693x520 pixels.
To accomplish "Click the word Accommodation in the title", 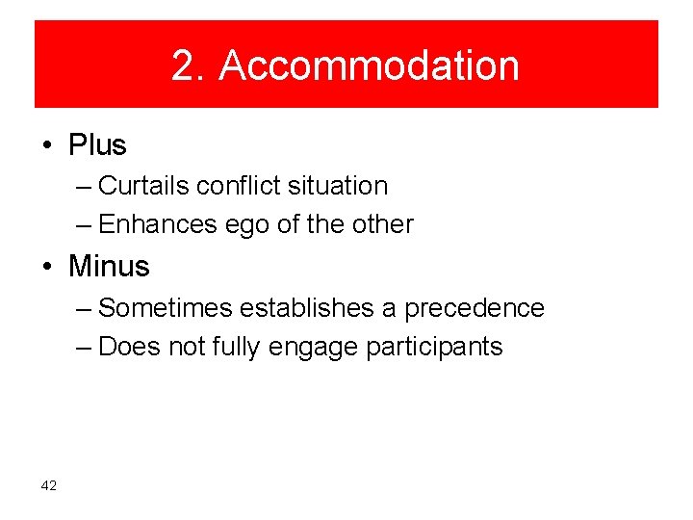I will click(x=369, y=66).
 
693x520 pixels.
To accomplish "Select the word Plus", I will click(x=97, y=145).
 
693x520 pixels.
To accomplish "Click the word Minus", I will click(x=109, y=266).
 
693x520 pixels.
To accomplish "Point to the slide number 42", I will click(x=49, y=485).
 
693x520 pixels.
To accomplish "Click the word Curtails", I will click(x=143, y=186).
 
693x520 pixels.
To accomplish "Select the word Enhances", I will click(x=158, y=224).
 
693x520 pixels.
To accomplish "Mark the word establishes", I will click(x=307, y=308).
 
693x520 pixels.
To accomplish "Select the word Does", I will click(x=130, y=347).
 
